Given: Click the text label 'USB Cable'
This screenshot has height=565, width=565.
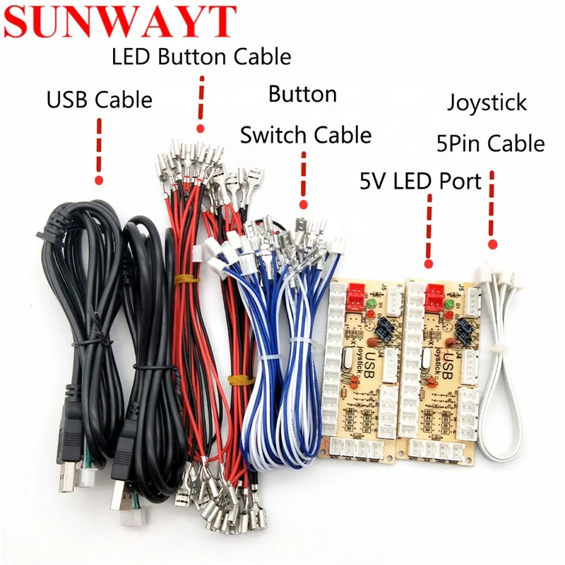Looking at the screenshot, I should point(99,100).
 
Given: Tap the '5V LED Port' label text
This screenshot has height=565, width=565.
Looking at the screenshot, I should point(420,182).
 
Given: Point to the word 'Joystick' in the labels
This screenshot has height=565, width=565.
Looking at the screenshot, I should point(487,102).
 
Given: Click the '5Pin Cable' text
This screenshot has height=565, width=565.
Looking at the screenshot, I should point(489,144).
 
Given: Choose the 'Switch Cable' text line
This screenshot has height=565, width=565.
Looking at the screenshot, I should point(305,134).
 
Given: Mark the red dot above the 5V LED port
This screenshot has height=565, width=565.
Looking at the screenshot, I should point(427,263).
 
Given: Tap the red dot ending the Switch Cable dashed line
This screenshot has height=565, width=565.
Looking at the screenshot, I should point(304,205).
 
